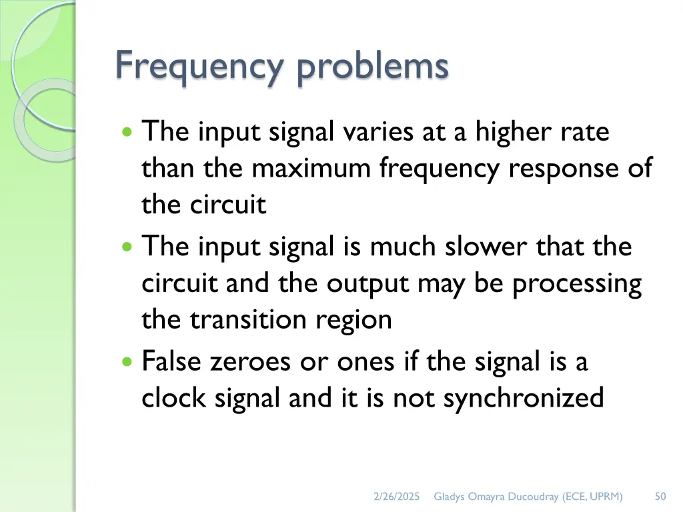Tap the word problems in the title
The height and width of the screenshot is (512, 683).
(373, 67)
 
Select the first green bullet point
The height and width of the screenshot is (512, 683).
(128, 131)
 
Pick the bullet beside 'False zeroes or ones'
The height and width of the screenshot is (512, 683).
(128, 362)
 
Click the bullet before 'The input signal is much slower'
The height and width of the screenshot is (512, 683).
(128, 247)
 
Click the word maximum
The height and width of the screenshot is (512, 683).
(310, 168)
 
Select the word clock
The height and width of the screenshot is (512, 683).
(173, 398)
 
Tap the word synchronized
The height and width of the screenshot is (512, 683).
(523, 399)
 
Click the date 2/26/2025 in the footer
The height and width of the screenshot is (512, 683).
(396, 496)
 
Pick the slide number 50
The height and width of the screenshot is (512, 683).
(660, 496)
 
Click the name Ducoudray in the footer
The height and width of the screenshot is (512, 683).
(533, 496)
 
